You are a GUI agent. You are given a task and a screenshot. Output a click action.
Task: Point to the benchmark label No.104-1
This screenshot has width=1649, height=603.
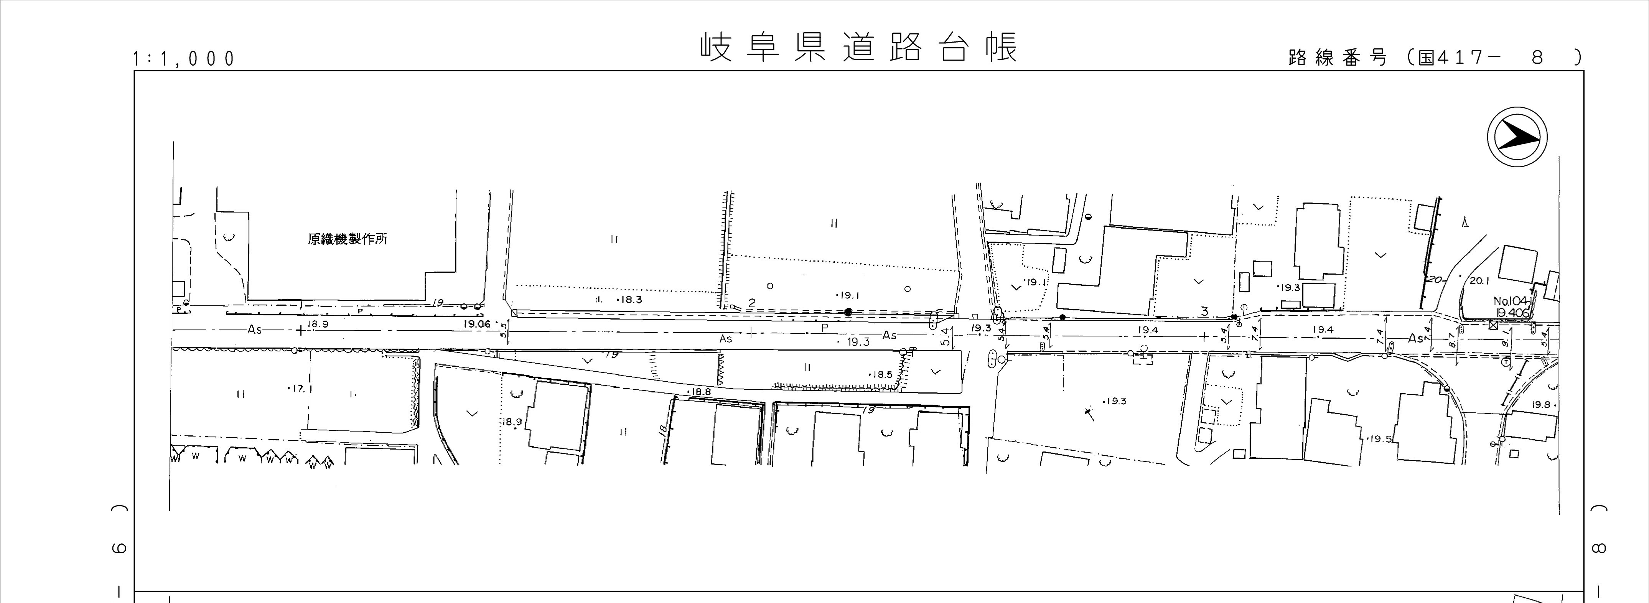pyautogui.click(x=1511, y=301)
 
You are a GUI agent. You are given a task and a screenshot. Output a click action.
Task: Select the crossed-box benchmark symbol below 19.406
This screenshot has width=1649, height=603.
pyautogui.click(x=1493, y=325)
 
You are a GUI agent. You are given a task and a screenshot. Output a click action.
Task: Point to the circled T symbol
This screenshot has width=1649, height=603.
pyautogui.click(x=1506, y=362)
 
